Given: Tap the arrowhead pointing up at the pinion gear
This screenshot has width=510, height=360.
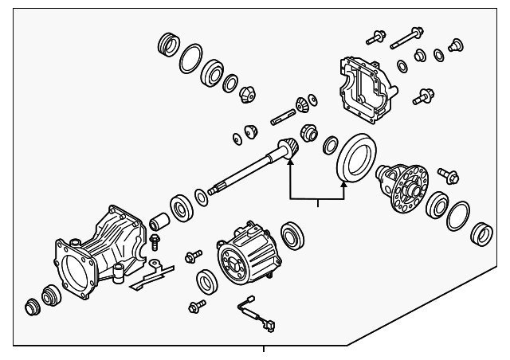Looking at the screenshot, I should tap(291, 162).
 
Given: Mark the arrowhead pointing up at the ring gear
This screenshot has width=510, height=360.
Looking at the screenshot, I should tap(344, 184).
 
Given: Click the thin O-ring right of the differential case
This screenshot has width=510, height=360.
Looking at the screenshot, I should tap(458, 215).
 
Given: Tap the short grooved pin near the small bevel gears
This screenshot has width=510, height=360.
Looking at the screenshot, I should tap(284, 120).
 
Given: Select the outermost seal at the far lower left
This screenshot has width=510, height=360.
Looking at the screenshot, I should tap(34, 307).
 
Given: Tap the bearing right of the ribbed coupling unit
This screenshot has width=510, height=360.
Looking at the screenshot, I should tap(292, 234).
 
